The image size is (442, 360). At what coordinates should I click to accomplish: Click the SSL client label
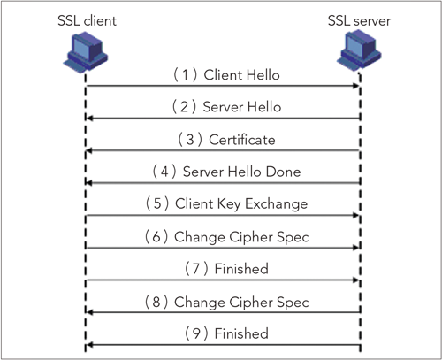tap(87, 20)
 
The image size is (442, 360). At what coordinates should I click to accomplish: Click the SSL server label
tap(359, 20)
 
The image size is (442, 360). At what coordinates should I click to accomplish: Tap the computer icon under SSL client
tap(86, 52)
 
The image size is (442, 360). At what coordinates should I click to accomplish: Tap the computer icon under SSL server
tap(359, 50)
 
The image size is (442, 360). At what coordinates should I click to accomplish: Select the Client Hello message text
tap(241, 75)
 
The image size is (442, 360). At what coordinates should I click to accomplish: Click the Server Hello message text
tap(242, 107)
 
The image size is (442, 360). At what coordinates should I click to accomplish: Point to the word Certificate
tap(242, 140)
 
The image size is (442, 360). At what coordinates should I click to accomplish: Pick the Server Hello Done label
tap(241, 172)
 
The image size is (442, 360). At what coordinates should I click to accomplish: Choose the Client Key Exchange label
tap(241, 204)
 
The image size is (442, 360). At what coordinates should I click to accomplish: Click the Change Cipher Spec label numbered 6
tap(241, 237)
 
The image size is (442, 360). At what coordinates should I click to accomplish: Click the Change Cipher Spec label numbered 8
tap(241, 302)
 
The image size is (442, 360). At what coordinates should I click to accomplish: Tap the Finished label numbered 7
tap(241, 269)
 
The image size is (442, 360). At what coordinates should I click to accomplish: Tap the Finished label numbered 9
tap(241, 333)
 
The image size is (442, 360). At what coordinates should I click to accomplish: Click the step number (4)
tap(164, 172)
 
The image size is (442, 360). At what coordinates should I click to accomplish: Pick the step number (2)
tap(184, 107)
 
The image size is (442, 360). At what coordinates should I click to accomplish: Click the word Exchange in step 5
tap(276, 204)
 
